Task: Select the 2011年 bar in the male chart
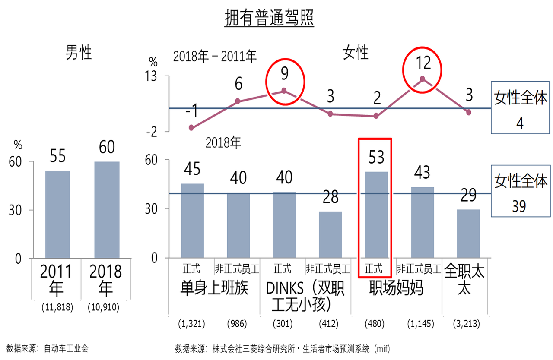click(57, 215)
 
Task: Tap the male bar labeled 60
click(107, 210)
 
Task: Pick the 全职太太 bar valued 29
click(468, 234)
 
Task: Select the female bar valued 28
click(331, 235)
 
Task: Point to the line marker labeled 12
click(423, 79)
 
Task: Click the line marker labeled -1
click(191, 128)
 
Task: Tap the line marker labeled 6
click(238, 101)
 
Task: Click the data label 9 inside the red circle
click(284, 75)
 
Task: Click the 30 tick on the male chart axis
click(17, 210)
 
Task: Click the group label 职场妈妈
click(396, 288)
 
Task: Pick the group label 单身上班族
click(214, 288)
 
